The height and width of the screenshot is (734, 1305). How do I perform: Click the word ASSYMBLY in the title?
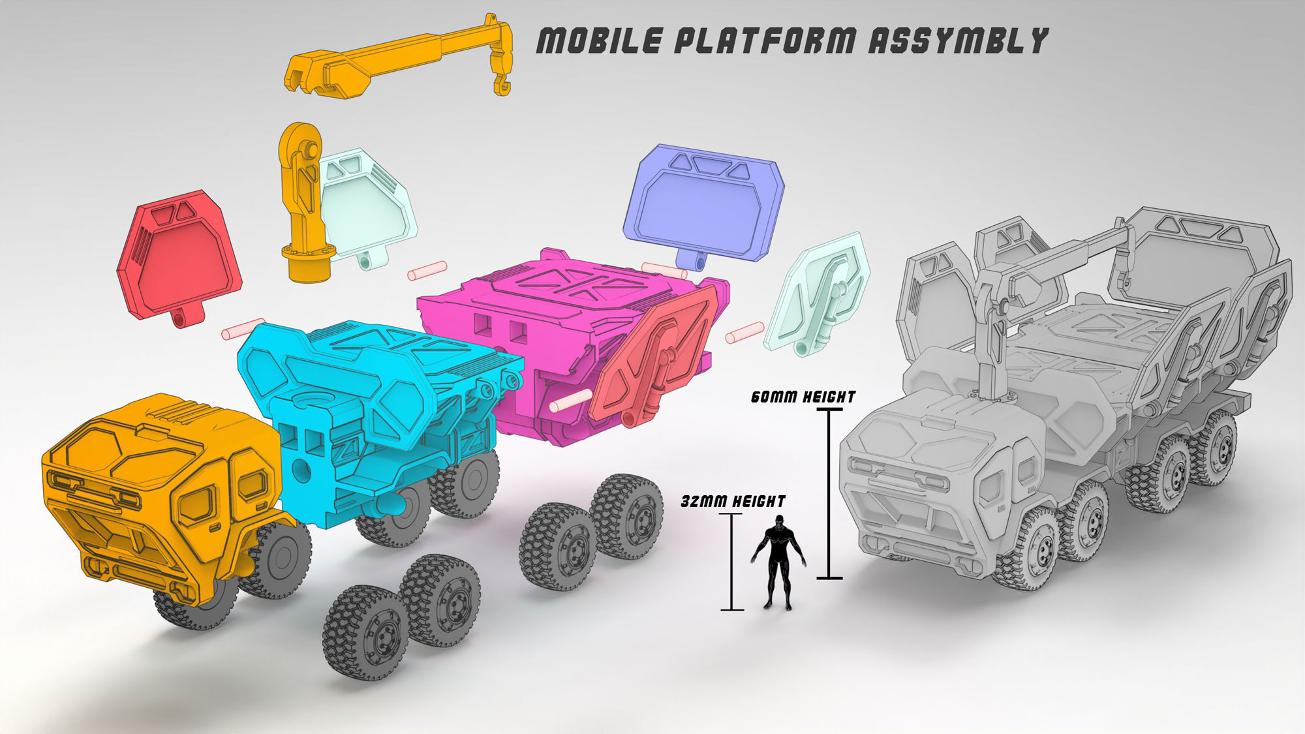point(957,40)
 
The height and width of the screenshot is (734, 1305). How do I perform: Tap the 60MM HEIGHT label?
point(803,397)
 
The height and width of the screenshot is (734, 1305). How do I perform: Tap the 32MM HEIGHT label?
point(733,501)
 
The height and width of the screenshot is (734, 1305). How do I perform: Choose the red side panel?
point(177,258)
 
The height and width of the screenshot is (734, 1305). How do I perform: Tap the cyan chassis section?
point(365,405)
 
